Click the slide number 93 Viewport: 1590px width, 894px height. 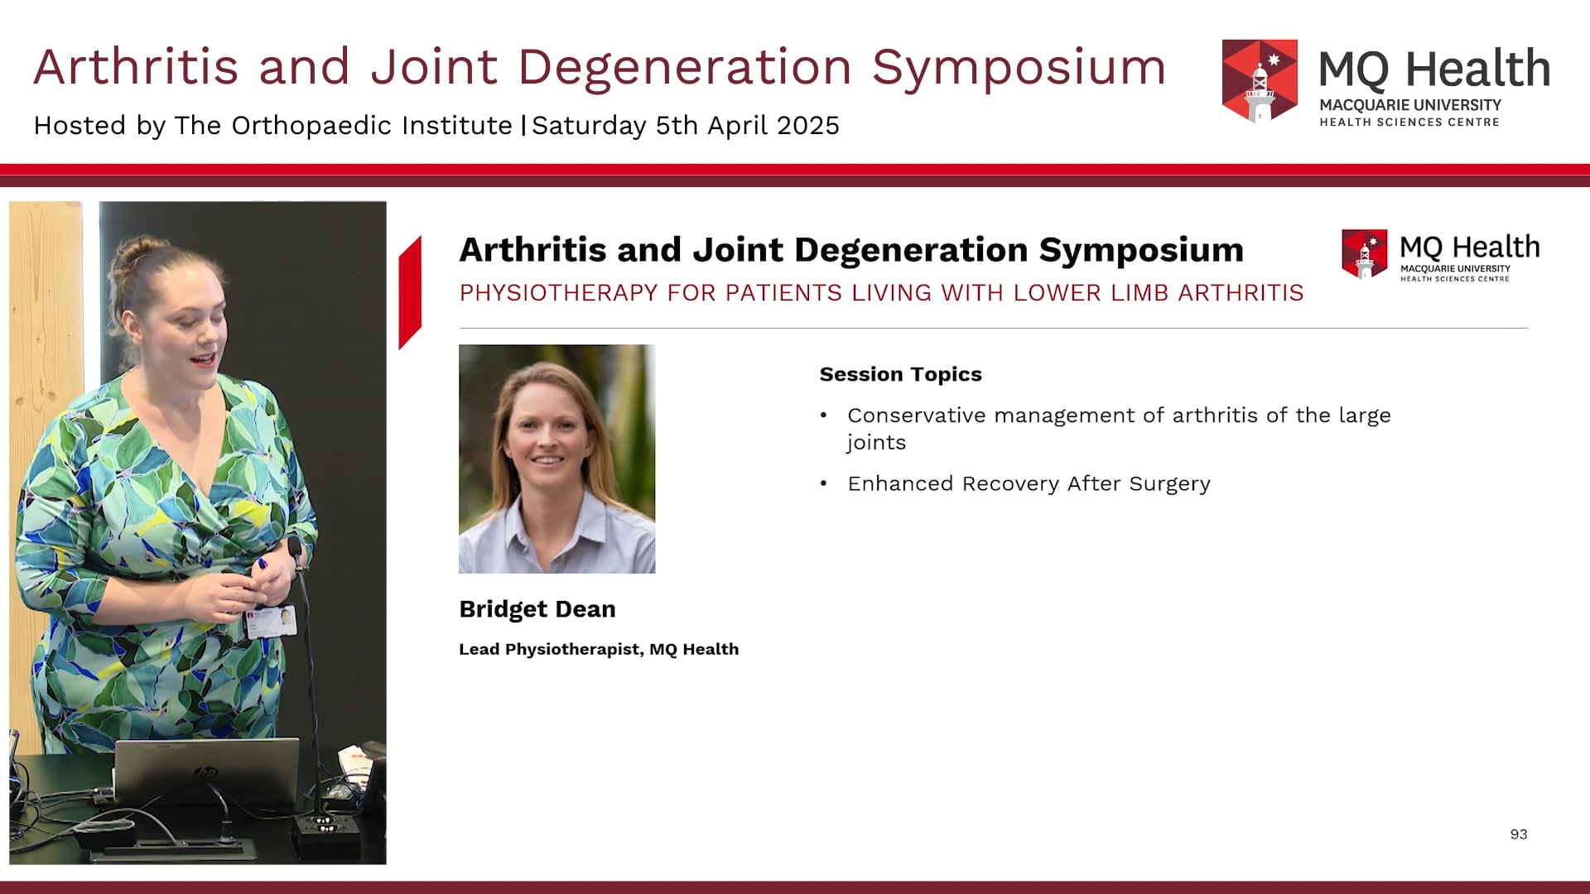click(x=1518, y=834)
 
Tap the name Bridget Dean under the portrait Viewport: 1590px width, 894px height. click(x=537, y=609)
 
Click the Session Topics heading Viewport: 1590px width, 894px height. click(x=900, y=374)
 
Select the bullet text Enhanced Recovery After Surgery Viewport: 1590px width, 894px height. click(x=1028, y=483)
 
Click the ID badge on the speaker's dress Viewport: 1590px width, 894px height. click(x=272, y=621)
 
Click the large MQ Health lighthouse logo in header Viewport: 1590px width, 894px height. click(x=1260, y=80)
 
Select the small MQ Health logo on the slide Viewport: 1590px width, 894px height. click(x=1363, y=254)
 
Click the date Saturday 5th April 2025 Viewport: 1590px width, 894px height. click(x=685, y=126)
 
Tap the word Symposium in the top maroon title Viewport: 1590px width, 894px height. click(x=1019, y=66)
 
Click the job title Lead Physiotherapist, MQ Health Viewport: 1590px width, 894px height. click(x=598, y=650)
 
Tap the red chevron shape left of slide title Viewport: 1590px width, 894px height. click(x=410, y=291)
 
